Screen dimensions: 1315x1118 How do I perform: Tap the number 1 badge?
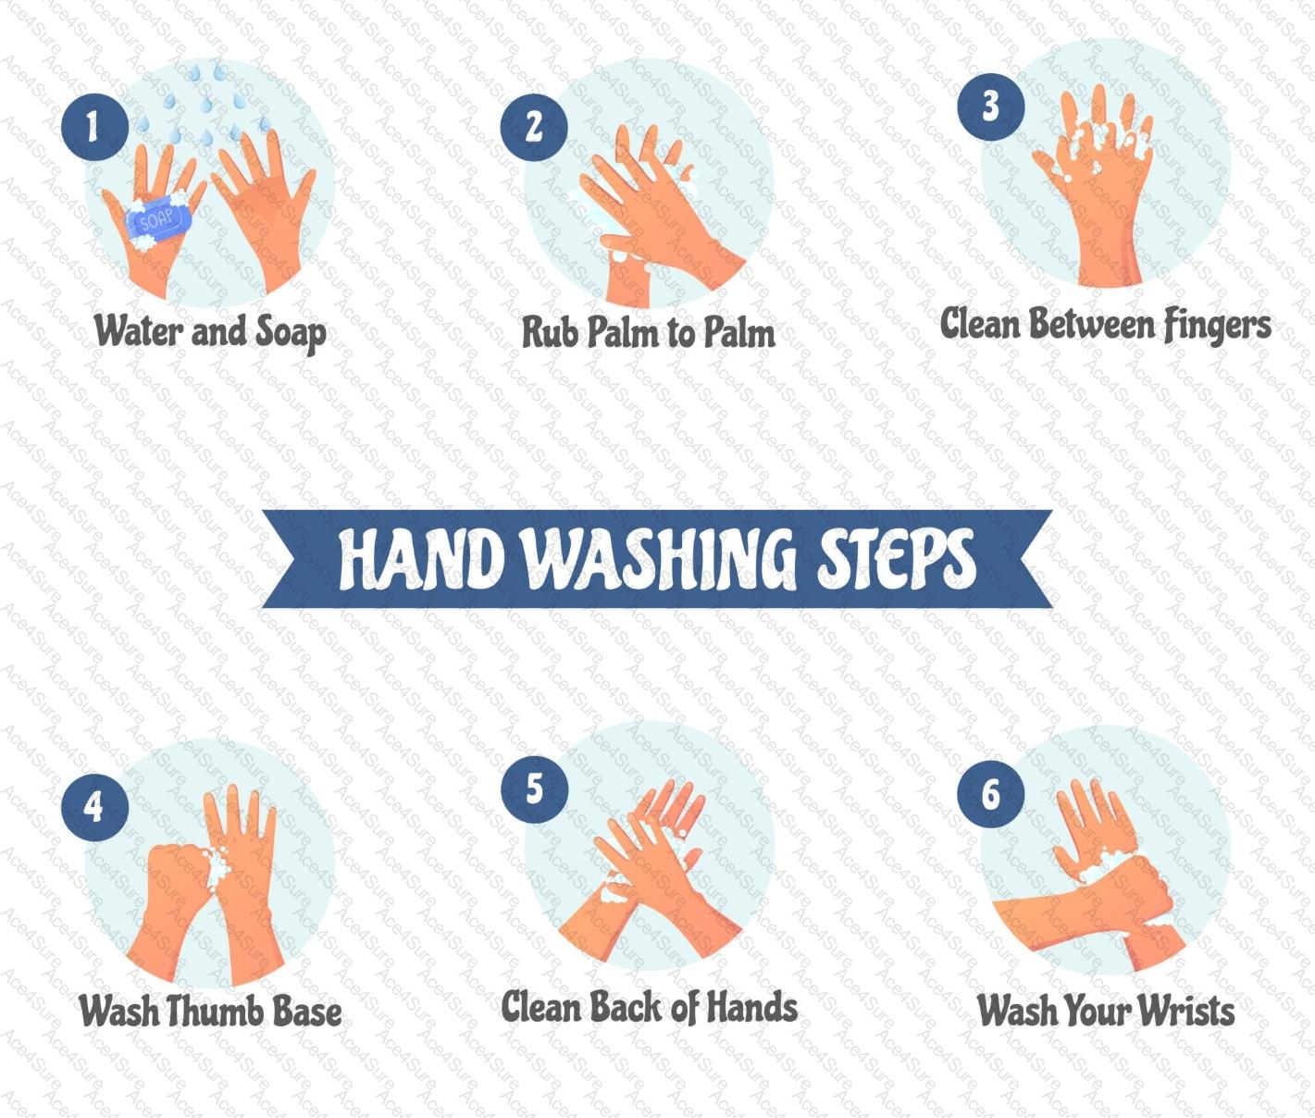tap(94, 128)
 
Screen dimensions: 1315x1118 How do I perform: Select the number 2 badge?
tap(534, 128)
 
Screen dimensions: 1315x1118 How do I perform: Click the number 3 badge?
tap(990, 107)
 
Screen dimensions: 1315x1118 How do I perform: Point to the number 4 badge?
tap(94, 807)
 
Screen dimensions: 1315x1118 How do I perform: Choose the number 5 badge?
tap(534, 789)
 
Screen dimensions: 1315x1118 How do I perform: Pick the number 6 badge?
tap(990, 794)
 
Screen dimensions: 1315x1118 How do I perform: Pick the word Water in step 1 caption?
tap(139, 330)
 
